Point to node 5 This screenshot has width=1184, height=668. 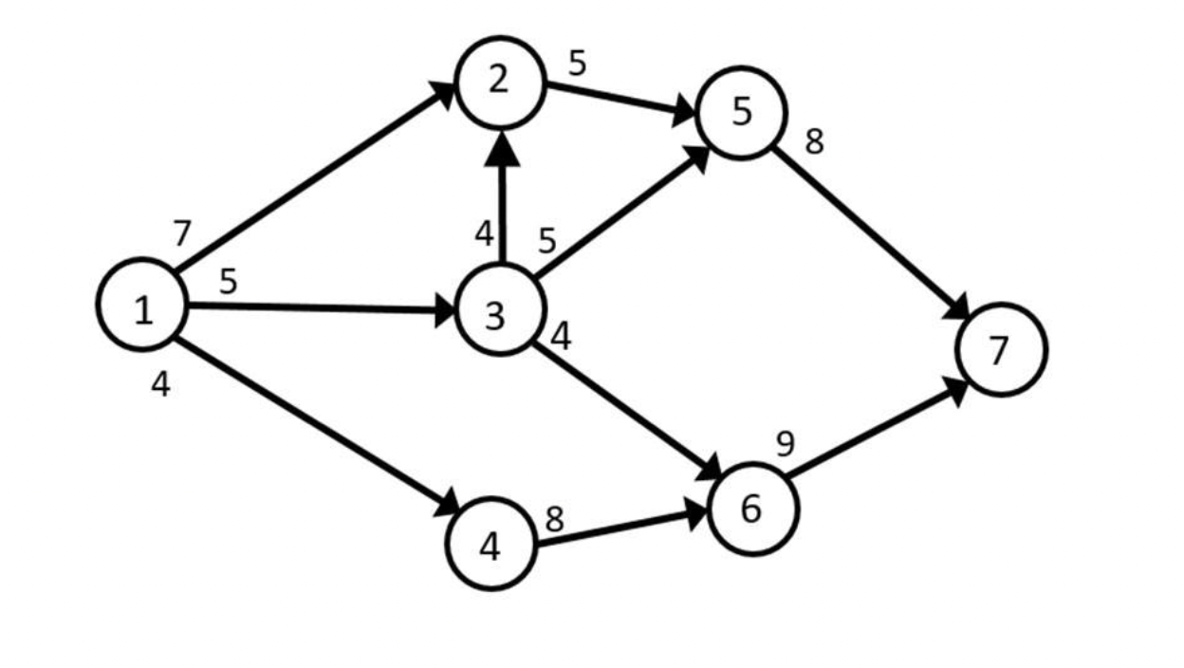coord(741,112)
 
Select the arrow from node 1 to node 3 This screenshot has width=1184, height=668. coord(323,307)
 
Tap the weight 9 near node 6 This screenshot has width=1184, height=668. coord(785,443)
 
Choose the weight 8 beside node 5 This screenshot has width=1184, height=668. coord(814,141)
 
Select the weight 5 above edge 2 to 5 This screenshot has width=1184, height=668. coord(578,64)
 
